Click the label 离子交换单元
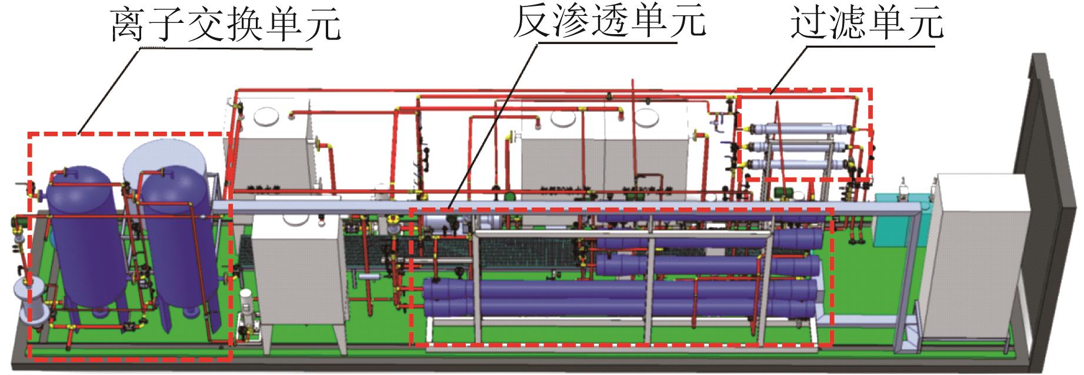click(x=226, y=25)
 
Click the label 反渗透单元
click(x=609, y=22)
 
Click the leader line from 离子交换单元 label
click(x=112, y=88)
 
